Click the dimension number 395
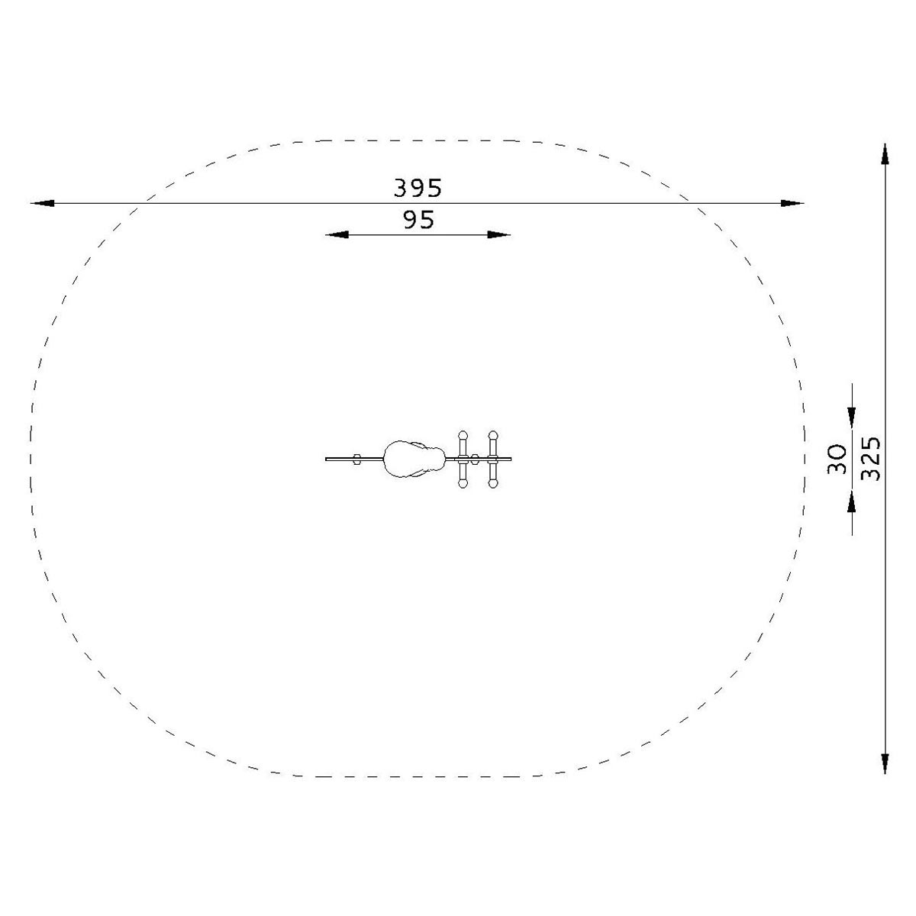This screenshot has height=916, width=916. coord(418,189)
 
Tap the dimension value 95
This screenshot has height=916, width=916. coord(419,220)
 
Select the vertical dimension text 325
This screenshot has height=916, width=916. coord(871,459)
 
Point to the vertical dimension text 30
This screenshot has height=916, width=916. coord(837,460)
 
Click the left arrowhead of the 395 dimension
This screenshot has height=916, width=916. coord(43,204)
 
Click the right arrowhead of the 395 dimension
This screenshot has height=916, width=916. coord(792,204)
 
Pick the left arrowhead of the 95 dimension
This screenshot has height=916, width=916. coord(337,234)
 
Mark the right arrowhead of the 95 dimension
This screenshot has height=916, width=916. coord(499,234)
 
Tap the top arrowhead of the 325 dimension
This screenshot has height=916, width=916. coord(885,154)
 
